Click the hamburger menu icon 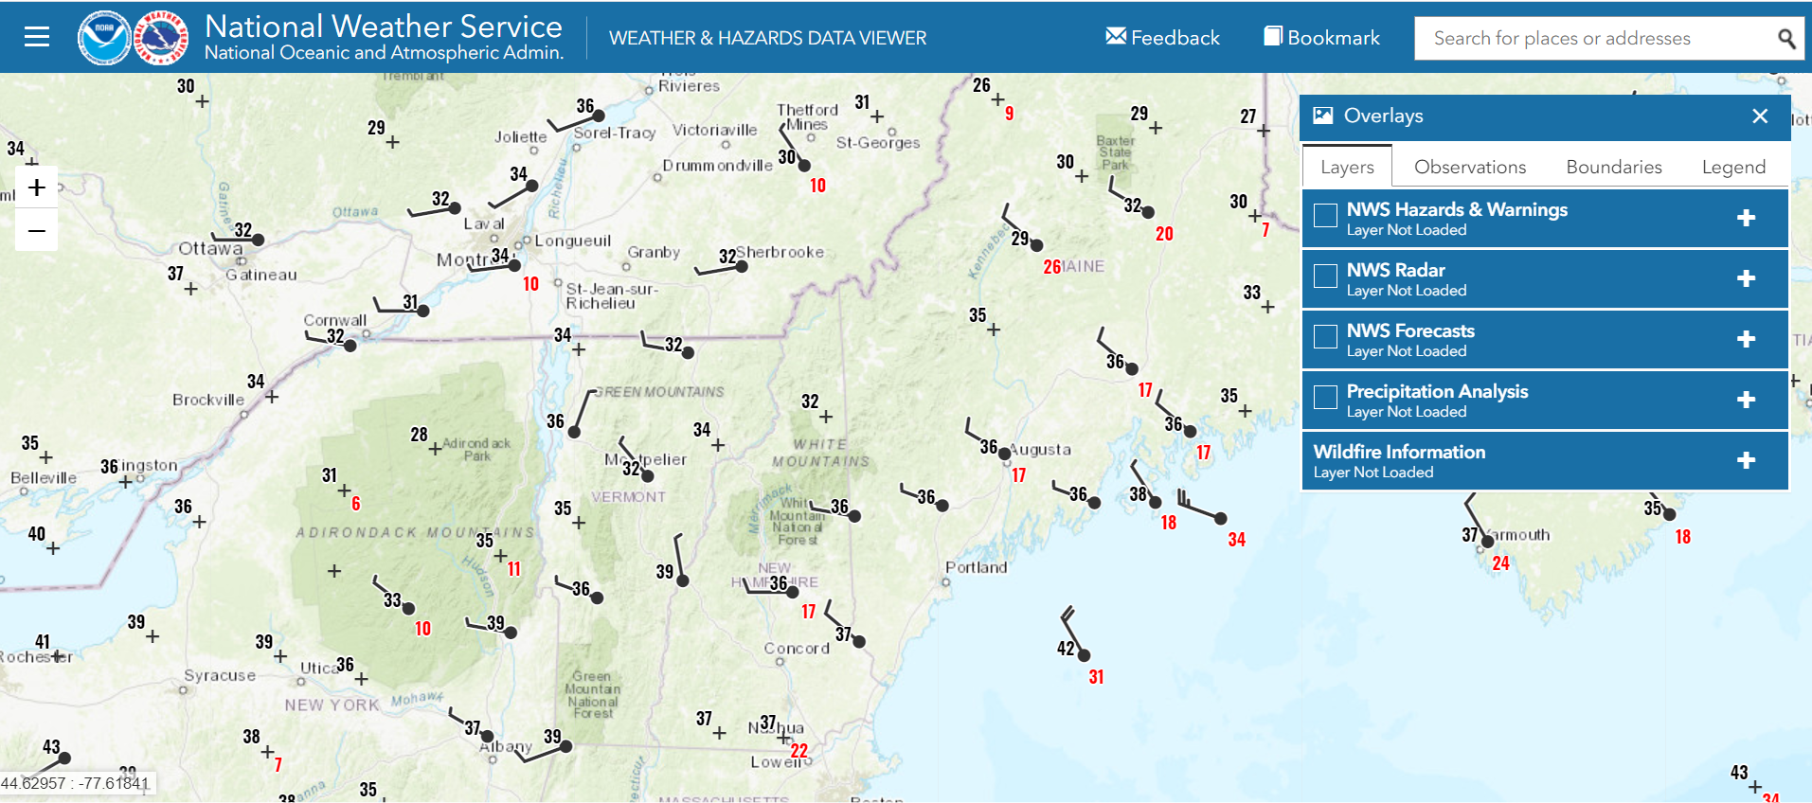pyautogui.click(x=37, y=37)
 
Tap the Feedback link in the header pyautogui.click(x=1162, y=38)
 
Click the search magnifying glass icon pyautogui.click(x=1785, y=39)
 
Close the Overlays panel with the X pyautogui.click(x=1760, y=116)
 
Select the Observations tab pyautogui.click(x=1469, y=168)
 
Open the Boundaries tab pyautogui.click(x=1613, y=168)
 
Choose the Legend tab pyautogui.click(x=1732, y=168)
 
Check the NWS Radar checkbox pyautogui.click(x=1325, y=277)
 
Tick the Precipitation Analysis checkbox pyautogui.click(x=1325, y=398)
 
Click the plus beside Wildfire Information pyautogui.click(x=1746, y=460)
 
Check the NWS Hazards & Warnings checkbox pyautogui.click(x=1325, y=216)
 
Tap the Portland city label pyautogui.click(x=976, y=567)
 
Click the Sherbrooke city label pyautogui.click(x=780, y=252)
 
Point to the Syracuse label pyautogui.click(x=220, y=675)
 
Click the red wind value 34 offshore pyautogui.click(x=1236, y=540)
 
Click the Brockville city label pyautogui.click(x=208, y=400)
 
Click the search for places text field pyautogui.click(x=1591, y=39)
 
